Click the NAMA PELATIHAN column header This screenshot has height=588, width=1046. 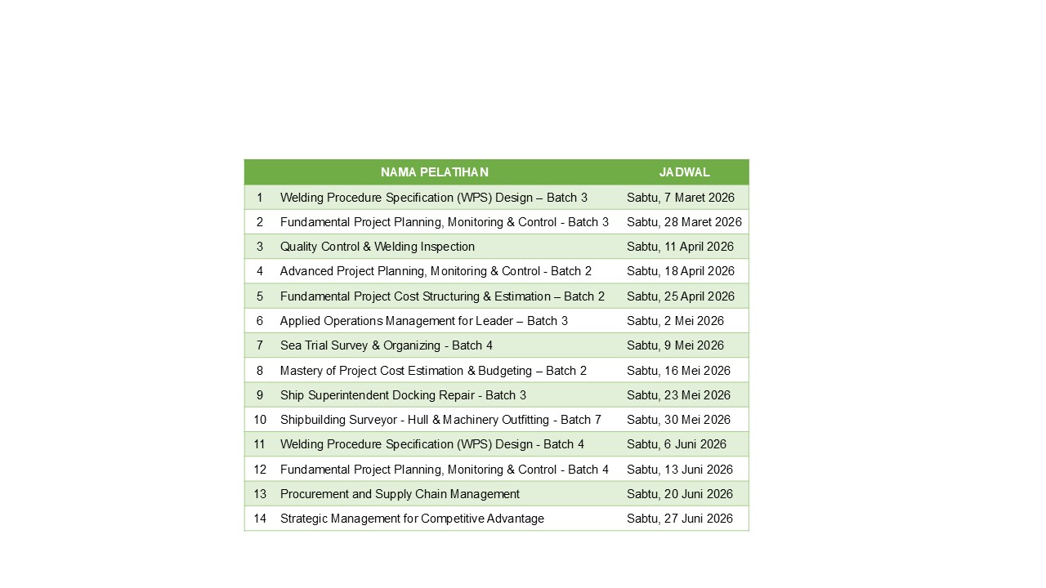(434, 172)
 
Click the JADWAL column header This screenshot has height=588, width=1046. (684, 172)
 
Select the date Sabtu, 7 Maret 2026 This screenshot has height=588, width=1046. (680, 198)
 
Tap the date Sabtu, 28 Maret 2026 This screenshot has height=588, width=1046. (684, 222)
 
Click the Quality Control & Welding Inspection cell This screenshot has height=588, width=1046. (377, 247)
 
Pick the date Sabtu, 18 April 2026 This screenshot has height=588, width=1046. (680, 271)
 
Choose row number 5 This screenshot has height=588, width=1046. (260, 296)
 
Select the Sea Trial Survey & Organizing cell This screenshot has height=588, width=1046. (386, 345)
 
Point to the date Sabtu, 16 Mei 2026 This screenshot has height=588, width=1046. (678, 371)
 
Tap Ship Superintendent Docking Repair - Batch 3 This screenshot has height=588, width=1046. (403, 395)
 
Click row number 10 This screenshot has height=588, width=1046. (260, 420)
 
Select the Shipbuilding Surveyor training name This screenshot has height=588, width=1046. (440, 420)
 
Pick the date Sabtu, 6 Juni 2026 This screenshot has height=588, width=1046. (676, 444)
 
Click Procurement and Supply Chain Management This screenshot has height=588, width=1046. (400, 494)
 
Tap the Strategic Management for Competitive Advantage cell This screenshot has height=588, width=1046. (412, 519)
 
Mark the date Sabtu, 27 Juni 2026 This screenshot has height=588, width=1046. (679, 519)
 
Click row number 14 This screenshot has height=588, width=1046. (260, 519)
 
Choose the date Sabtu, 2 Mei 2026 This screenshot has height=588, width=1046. (675, 321)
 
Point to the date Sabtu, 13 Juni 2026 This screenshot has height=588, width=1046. (679, 470)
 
